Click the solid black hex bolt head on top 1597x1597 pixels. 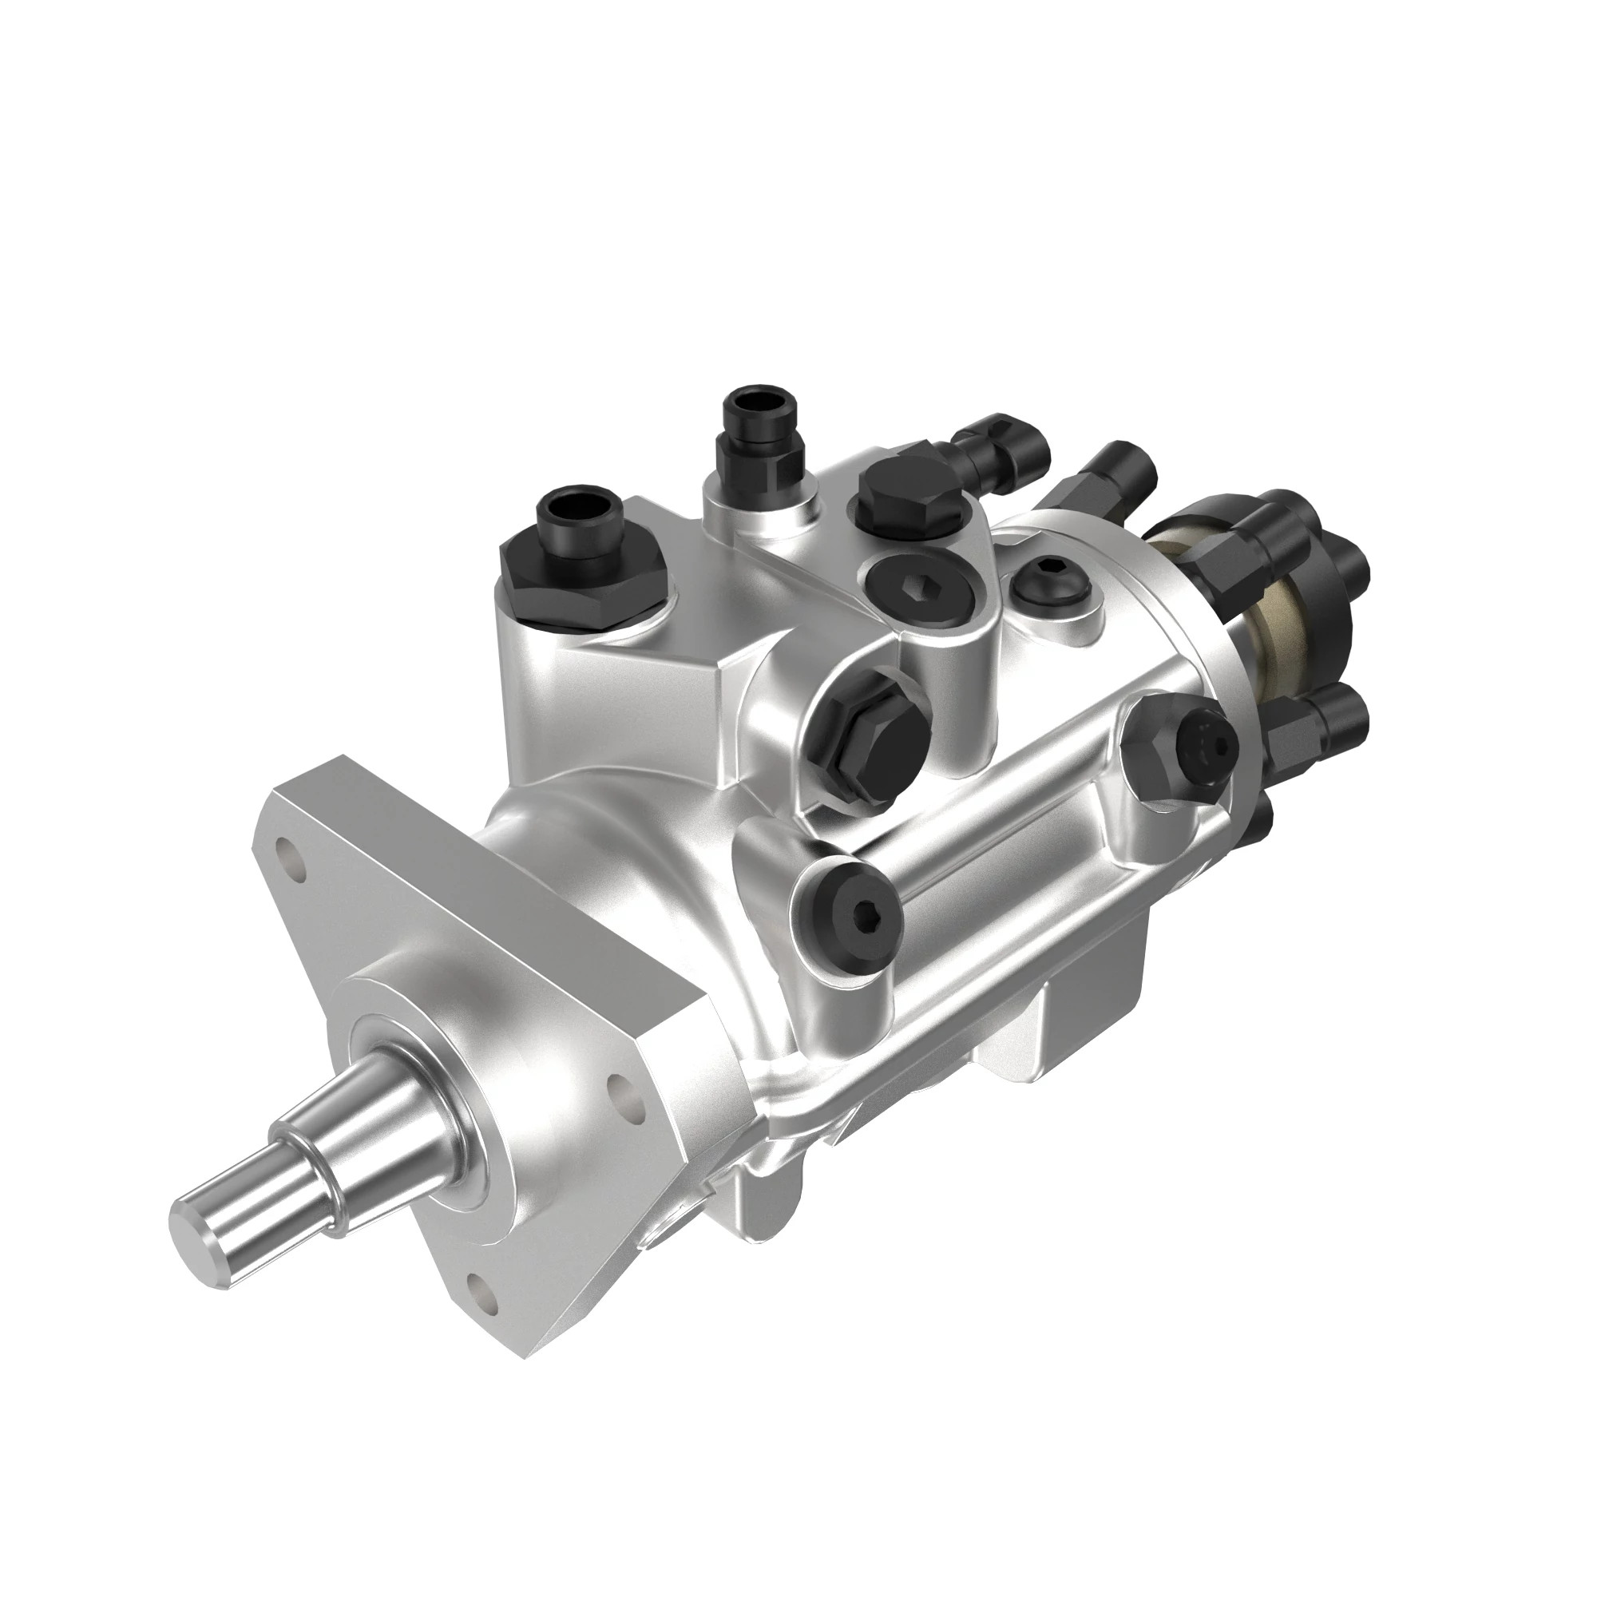click(909, 494)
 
